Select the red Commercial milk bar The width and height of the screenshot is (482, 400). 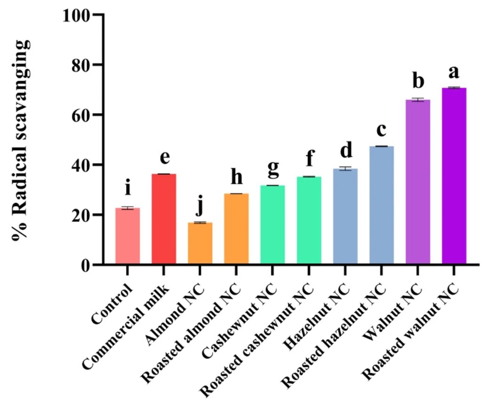(x=164, y=219)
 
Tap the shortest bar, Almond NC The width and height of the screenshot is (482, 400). (x=200, y=243)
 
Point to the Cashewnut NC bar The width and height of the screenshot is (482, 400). (x=273, y=224)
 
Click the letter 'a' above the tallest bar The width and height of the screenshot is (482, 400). (x=454, y=73)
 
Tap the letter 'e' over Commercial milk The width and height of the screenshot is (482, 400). (x=164, y=158)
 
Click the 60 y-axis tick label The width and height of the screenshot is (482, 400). (x=82, y=115)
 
